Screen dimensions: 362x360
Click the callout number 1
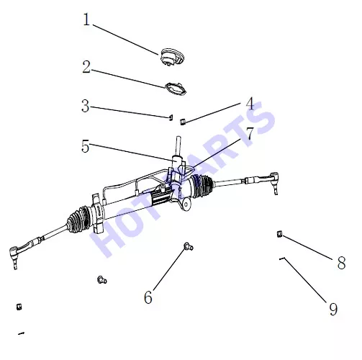coord(86,19)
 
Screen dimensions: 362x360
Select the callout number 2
coord(86,67)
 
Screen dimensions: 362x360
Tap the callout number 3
coord(86,106)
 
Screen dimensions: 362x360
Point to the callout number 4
coord(250,104)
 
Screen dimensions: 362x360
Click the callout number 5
coord(86,146)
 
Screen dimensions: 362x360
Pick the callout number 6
coord(148,297)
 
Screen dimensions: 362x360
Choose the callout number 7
coord(250,133)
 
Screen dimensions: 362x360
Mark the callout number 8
coord(341,263)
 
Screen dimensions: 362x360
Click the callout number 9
coord(333,309)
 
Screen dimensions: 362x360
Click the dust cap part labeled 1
coord(173,57)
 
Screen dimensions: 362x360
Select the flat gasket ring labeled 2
coord(176,89)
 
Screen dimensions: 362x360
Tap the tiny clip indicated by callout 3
coord(171,117)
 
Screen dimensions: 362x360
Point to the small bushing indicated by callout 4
coord(183,122)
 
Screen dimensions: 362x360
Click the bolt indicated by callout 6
coord(189,246)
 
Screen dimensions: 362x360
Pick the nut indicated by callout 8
coord(279,234)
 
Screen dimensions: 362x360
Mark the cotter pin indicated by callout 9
coord(282,258)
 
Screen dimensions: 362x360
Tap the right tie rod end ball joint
coord(275,181)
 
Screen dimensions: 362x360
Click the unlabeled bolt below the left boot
coord(102,279)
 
